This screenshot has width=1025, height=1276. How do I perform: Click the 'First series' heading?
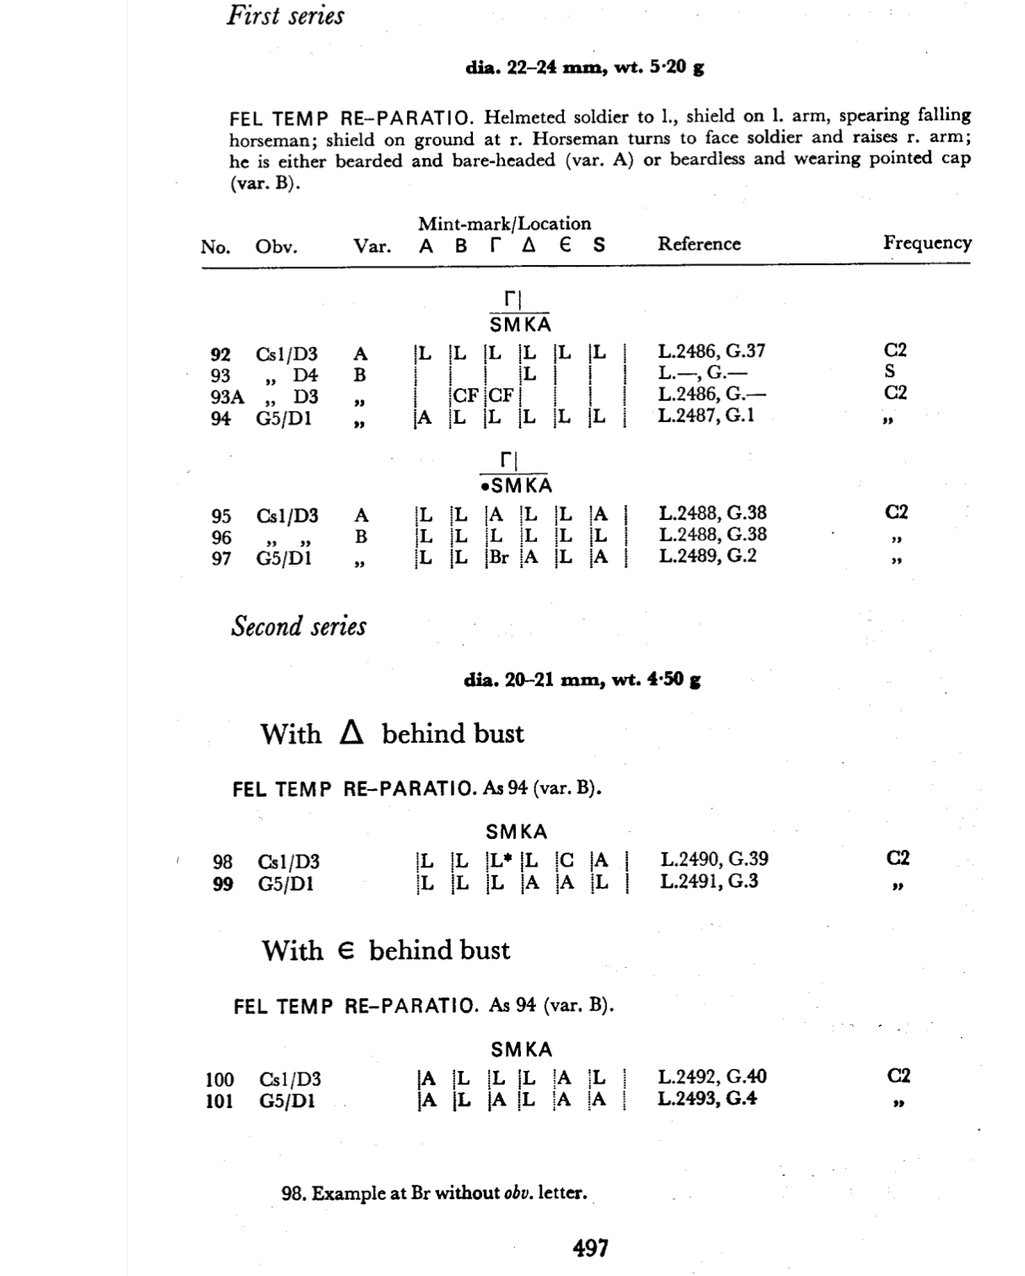[x=285, y=16]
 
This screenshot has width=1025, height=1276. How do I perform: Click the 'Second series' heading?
[x=298, y=626]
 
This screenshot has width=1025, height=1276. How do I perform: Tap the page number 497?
[x=590, y=1247]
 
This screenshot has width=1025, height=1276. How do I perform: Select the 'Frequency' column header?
[x=926, y=243]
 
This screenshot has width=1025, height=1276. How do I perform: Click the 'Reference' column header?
[x=699, y=244]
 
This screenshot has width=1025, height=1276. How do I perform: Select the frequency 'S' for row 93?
[x=890, y=371]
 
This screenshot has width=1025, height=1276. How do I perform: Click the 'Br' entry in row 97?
[x=499, y=557]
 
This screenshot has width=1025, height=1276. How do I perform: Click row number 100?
[x=220, y=1079]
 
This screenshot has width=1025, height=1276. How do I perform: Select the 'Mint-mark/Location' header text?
[x=504, y=224]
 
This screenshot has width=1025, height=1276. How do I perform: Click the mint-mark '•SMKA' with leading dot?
[x=515, y=485]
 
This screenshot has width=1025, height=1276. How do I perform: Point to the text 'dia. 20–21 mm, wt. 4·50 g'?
[x=583, y=679]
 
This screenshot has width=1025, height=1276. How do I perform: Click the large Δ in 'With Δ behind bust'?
[x=351, y=733]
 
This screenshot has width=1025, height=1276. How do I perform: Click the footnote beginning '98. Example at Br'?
[x=434, y=1193]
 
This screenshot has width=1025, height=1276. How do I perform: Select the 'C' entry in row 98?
[x=567, y=861]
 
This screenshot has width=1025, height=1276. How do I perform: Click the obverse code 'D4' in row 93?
[x=305, y=375]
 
